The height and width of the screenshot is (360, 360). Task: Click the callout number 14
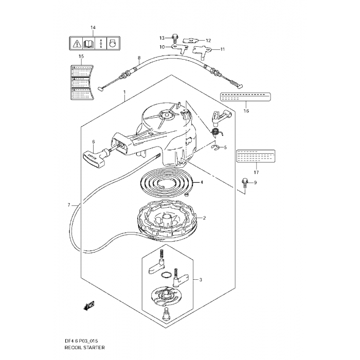coord(93,27)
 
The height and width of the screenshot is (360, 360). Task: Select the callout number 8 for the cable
coord(139,58)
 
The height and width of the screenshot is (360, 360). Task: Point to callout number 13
coord(161,38)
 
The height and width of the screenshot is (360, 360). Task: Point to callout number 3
coord(201,280)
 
